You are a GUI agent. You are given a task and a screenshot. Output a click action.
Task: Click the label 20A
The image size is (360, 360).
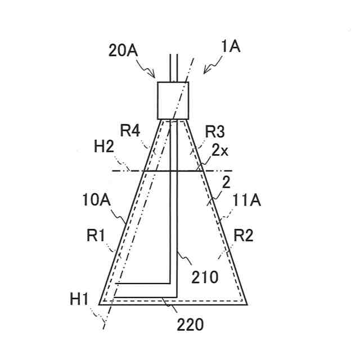tap(122, 51)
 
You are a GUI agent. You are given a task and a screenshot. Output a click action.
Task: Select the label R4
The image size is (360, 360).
tap(129, 132)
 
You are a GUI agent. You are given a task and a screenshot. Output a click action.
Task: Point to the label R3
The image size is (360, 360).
tap(215, 132)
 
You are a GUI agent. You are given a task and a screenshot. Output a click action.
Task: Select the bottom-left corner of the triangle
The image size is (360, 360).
tap(100, 304)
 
